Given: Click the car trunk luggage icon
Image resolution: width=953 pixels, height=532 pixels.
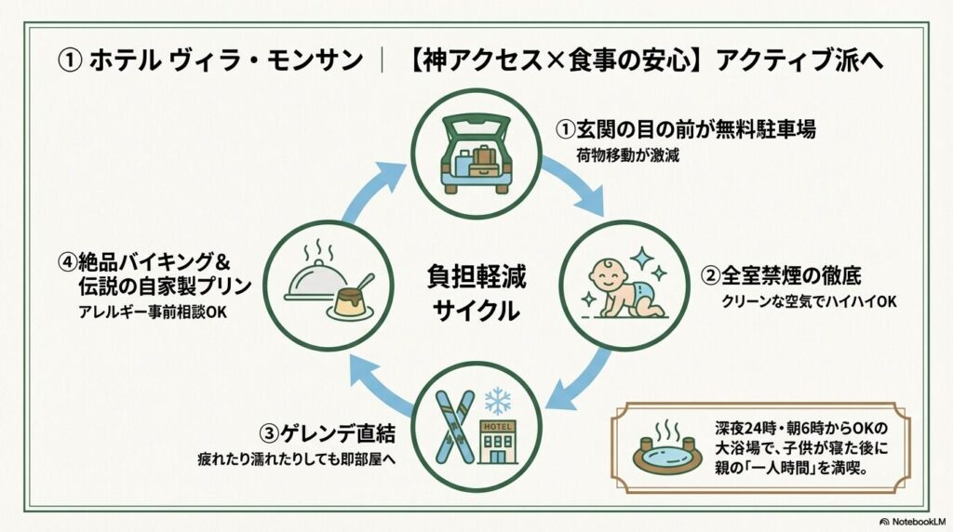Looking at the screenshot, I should click(x=476, y=154).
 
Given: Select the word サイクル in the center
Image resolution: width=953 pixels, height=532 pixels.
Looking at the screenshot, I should click(x=475, y=312).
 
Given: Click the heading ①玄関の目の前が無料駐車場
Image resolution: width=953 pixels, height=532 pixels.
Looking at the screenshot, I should click(x=686, y=130).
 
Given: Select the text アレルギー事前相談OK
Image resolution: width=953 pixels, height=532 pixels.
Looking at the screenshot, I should click(x=152, y=312).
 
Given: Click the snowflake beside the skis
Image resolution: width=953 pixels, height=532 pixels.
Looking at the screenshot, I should click(x=498, y=401).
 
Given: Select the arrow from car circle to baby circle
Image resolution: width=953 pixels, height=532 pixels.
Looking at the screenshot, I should click(x=575, y=187).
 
